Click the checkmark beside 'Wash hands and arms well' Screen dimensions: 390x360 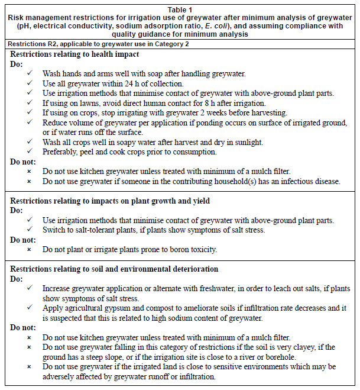tap(30, 73)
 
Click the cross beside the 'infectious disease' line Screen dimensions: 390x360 tap(30, 181)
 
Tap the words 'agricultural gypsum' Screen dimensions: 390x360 tap(99, 308)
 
